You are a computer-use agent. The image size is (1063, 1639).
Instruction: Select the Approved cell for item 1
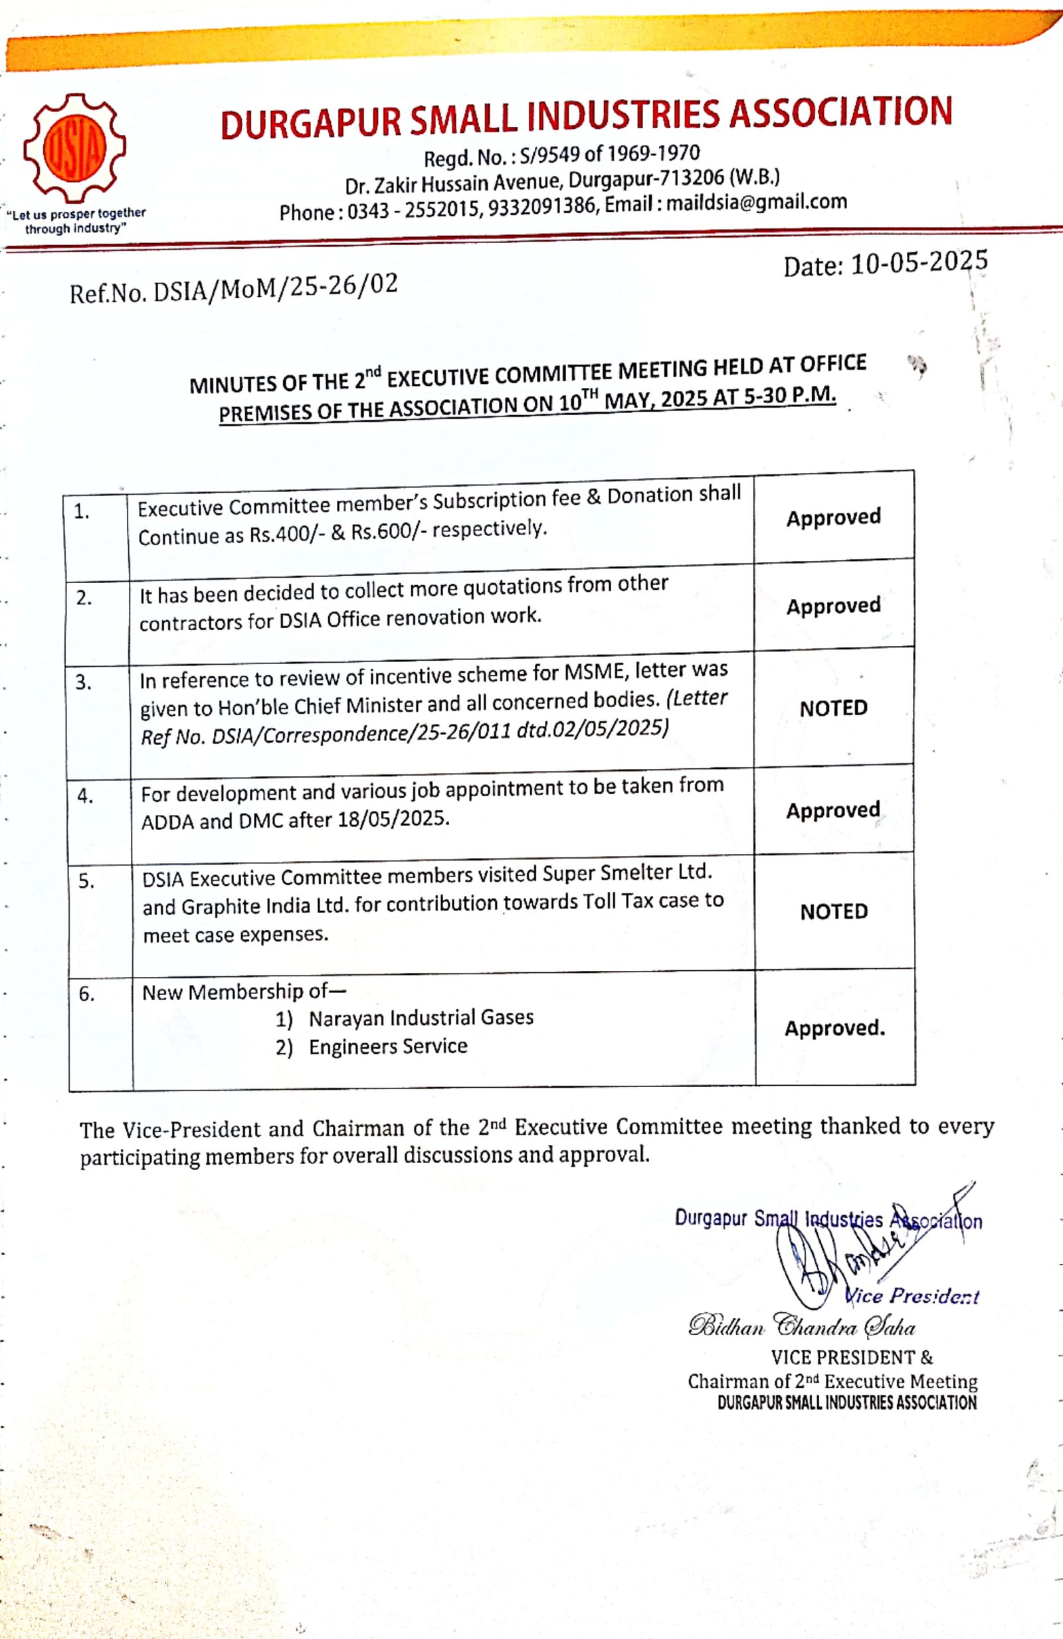(x=833, y=517)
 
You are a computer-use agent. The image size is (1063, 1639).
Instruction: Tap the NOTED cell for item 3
(x=833, y=708)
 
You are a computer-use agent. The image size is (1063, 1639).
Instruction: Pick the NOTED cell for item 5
(x=834, y=912)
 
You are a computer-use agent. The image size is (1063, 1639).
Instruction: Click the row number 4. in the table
(x=86, y=796)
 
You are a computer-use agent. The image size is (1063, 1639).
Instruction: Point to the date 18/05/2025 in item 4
(x=393, y=819)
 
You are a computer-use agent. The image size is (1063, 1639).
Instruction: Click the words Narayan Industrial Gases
(x=421, y=1018)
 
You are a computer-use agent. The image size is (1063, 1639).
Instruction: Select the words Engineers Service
(x=388, y=1047)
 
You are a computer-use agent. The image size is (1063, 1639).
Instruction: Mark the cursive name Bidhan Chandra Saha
(x=801, y=1326)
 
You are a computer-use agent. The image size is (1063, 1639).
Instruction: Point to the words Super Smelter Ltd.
(x=627, y=873)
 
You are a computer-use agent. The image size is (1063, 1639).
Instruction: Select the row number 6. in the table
(x=86, y=993)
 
